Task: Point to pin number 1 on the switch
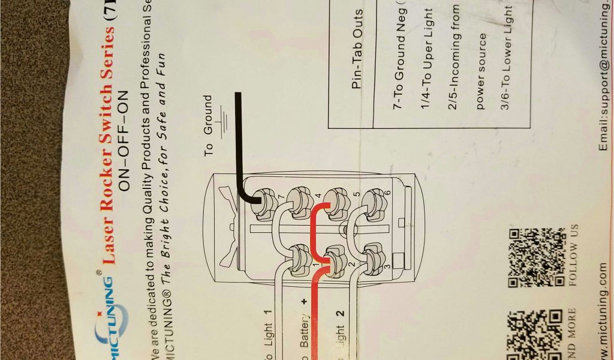(x=314, y=266)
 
